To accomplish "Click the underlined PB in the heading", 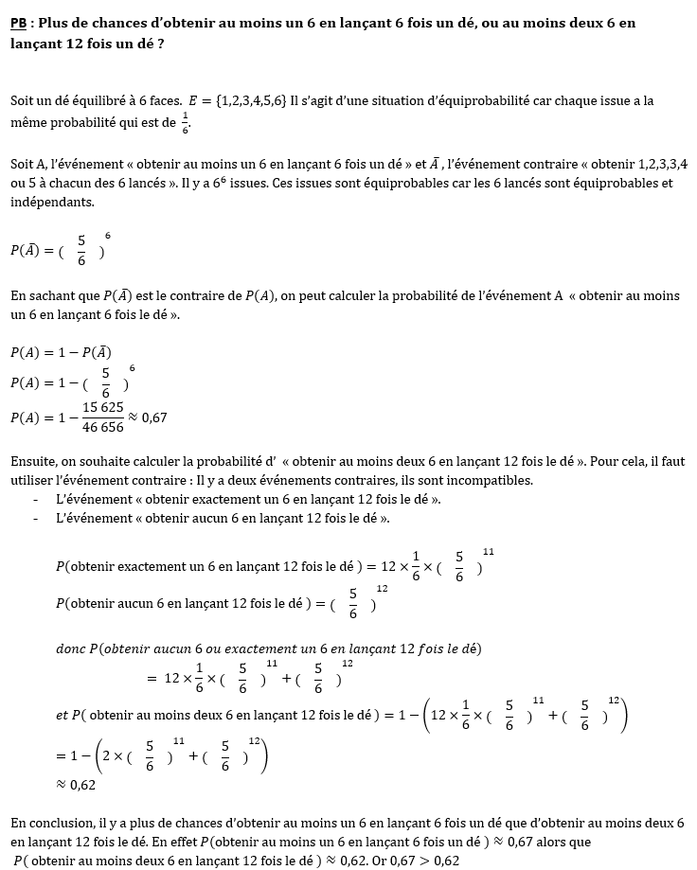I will [x=19, y=22].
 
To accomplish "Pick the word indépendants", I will [x=52, y=203].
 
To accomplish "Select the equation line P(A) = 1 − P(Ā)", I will [x=62, y=352].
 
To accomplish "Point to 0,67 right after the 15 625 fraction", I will [x=154, y=417].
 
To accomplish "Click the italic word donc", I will [x=71, y=648].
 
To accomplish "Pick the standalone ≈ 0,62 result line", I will [x=76, y=785].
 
